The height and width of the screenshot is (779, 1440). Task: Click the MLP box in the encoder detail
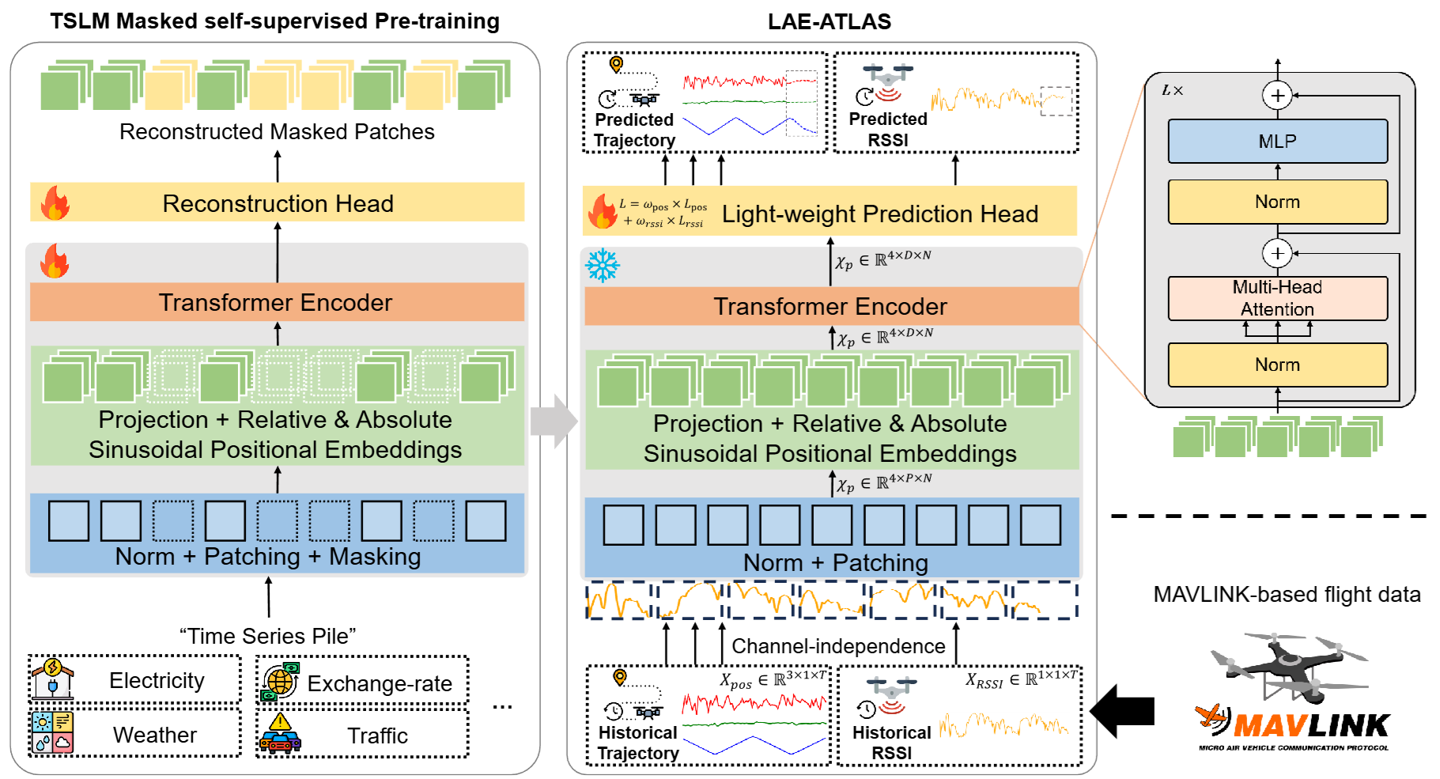pos(1277,142)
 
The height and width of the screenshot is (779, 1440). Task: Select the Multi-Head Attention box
pos(1277,298)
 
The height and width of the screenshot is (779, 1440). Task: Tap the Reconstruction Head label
pos(278,203)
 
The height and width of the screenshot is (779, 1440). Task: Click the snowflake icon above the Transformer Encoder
pos(603,266)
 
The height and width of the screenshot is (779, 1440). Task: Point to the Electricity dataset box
pos(135,680)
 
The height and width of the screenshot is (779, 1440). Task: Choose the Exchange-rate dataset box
pos(363,683)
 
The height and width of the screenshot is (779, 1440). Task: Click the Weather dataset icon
pos(52,732)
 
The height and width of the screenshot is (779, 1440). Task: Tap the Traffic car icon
pos(280,735)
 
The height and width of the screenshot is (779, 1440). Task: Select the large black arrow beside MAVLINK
pos(1122,711)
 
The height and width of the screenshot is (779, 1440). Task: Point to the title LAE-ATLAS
pos(829,21)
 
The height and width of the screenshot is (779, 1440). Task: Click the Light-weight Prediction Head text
pos(879,214)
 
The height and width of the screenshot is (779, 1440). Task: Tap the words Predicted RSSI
pos(888,130)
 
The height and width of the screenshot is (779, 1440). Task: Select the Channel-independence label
pos(838,646)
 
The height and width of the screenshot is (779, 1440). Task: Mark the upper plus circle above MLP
pos(1277,96)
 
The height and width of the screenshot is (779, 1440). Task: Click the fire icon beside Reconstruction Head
pos(55,203)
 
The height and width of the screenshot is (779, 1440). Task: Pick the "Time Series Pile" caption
pos(267,636)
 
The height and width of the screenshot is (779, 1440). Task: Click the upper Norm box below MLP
pos(1277,202)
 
